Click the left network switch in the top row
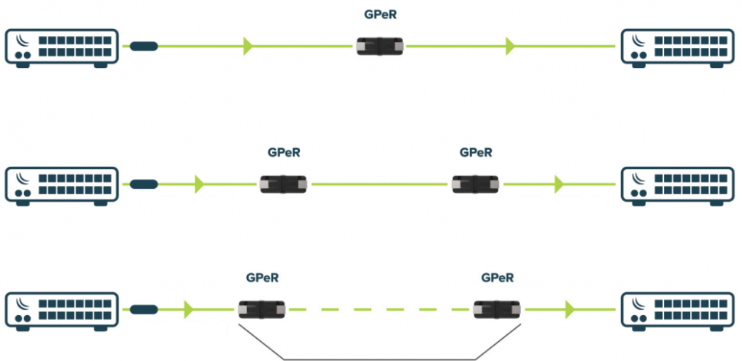[62, 47]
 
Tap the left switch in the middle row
[62, 185]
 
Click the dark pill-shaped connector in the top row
[144, 47]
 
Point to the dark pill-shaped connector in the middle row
[144, 184]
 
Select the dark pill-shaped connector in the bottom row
[144, 310]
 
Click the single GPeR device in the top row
[381, 47]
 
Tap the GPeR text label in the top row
[381, 14]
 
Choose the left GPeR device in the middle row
[284, 184]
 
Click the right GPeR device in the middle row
[476, 184]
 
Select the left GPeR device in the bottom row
[262, 310]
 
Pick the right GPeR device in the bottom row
[497, 310]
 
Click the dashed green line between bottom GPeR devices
[379, 310]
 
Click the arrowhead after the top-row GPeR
[509, 47]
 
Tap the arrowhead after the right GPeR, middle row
[559, 184]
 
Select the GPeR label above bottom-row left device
[262, 277]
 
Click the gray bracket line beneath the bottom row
[379, 358]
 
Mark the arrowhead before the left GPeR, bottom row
[188, 310]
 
